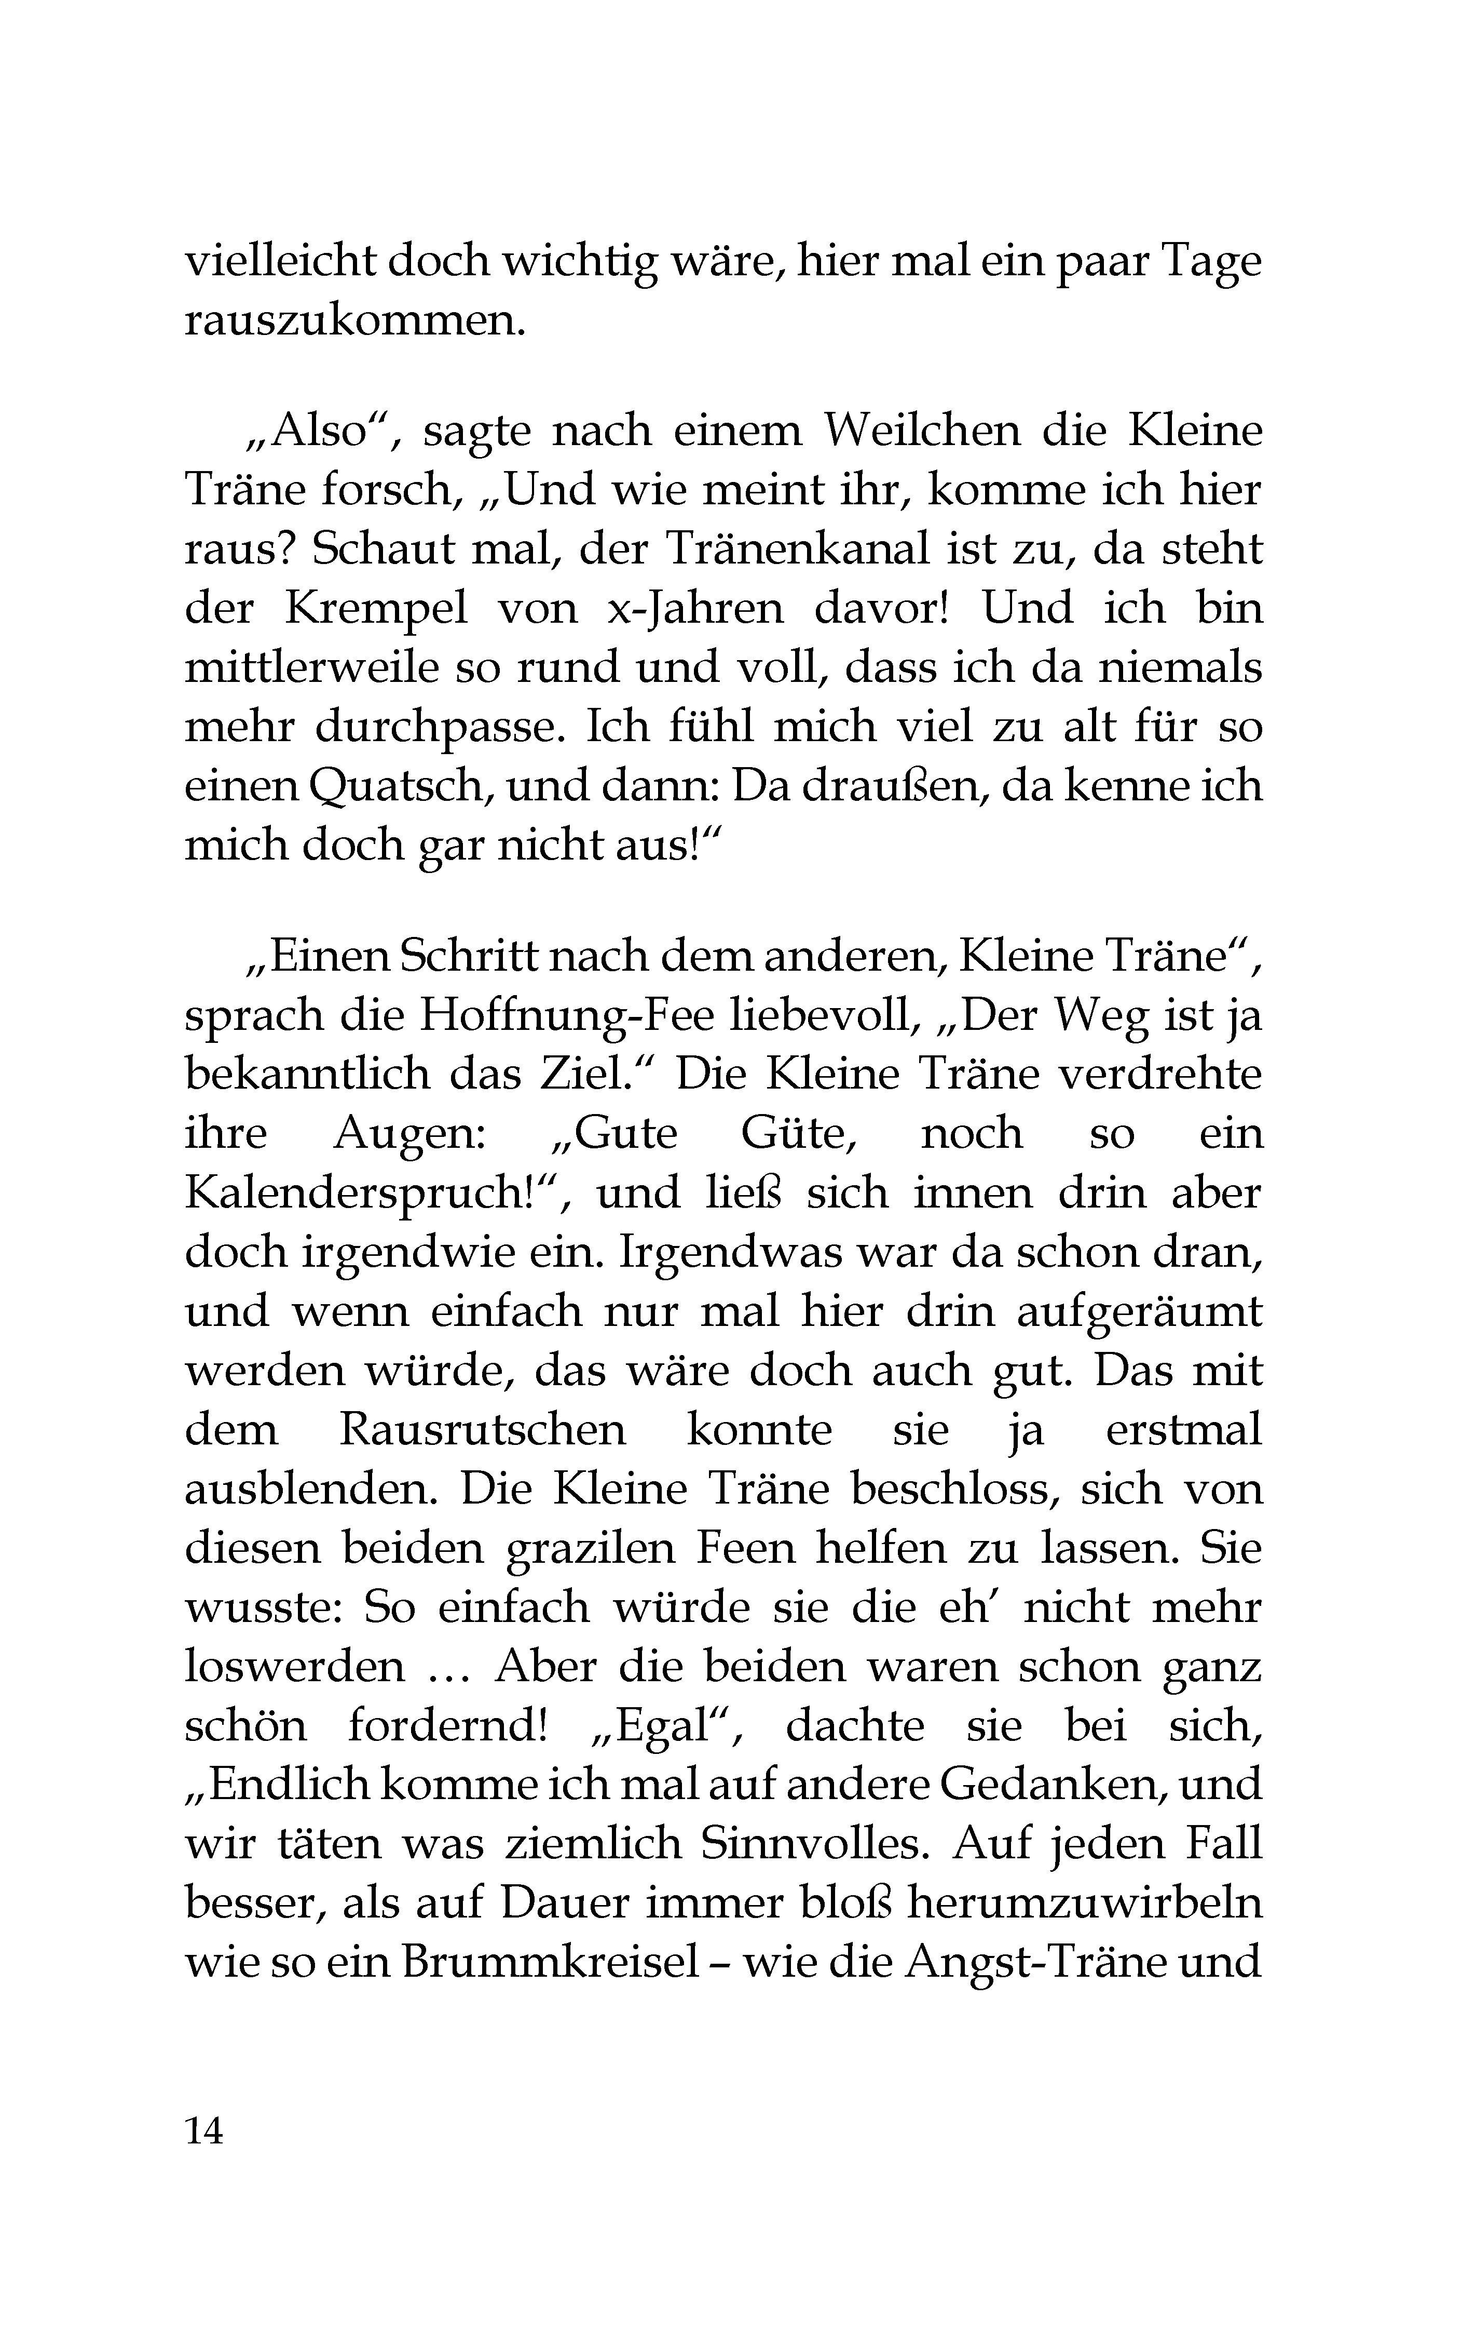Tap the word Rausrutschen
(481, 1429)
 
